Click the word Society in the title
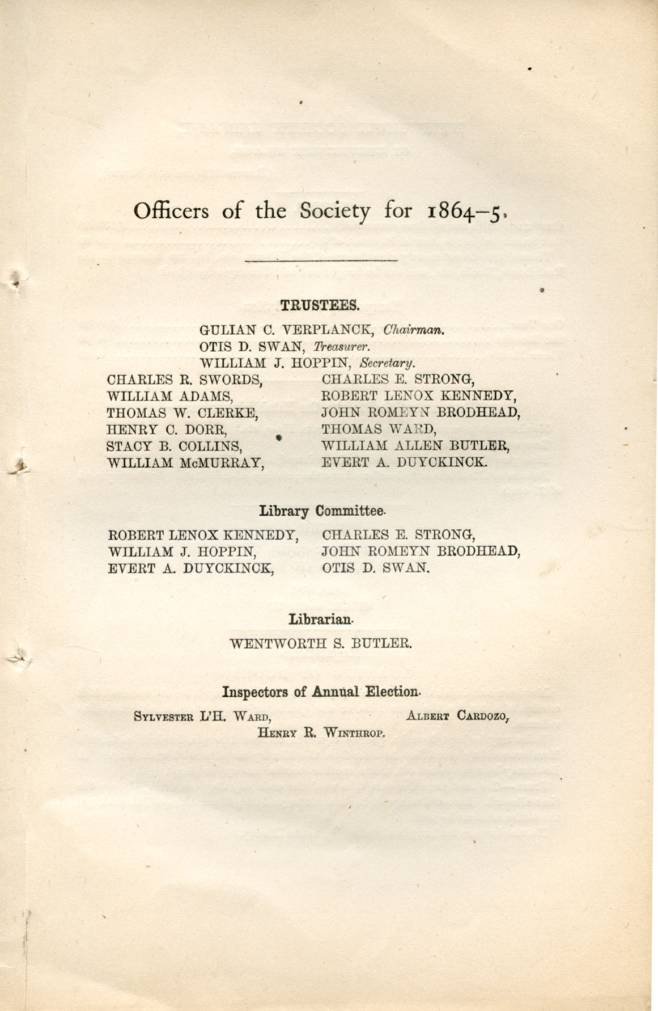click(334, 212)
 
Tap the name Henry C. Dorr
click(167, 429)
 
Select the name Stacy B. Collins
click(175, 445)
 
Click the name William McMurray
click(186, 462)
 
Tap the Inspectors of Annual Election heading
click(321, 692)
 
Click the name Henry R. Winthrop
click(321, 732)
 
